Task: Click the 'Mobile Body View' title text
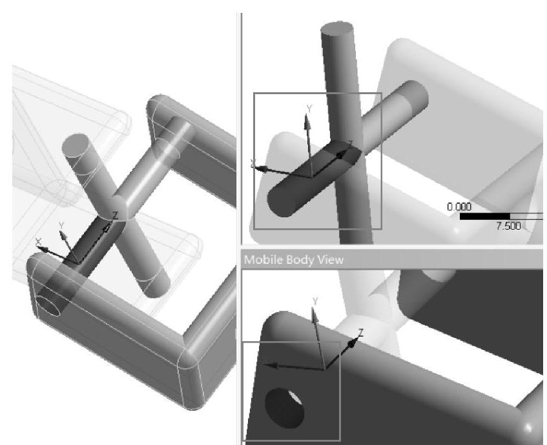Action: click(294, 260)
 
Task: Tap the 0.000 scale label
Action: click(459, 207)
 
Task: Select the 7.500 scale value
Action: click(508, 226)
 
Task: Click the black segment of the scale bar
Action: click(484, 217)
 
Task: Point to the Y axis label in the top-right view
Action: click(309, 109)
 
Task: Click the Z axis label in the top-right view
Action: click(351, 144)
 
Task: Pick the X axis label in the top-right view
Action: click(253, 163)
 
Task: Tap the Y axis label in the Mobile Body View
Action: click(315, 301)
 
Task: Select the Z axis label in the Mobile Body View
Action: click(361, 332)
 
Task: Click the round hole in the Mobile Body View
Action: click(284, 408)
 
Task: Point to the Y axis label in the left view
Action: click(61, 226)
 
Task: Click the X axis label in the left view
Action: click(38, 241)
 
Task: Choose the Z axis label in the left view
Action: click(115, 215)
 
